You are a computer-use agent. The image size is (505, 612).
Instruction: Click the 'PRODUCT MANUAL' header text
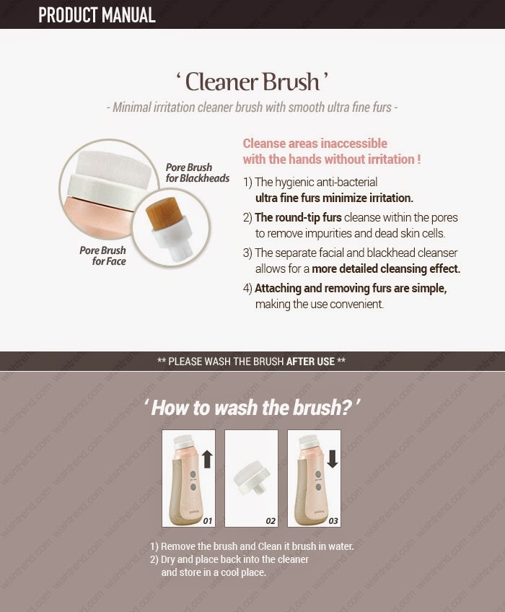click(97, 15)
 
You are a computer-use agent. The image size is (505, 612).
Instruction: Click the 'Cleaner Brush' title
click(252, 82)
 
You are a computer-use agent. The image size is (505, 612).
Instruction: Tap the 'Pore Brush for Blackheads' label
click(198, 172)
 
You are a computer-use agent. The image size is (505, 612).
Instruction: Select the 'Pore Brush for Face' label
click(102, 255)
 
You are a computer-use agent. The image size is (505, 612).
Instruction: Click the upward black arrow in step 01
click(208, 459)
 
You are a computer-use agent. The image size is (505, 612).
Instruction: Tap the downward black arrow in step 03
click(333, 458)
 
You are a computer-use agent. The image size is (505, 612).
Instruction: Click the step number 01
click(207, 520)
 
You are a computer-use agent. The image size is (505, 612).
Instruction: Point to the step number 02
click(270, 520)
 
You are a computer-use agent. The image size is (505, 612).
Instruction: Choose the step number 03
click(333, 520)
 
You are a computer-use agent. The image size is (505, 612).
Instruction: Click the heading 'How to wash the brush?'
click(252, 408)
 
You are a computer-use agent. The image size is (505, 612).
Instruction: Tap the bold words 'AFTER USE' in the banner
click(310, 362)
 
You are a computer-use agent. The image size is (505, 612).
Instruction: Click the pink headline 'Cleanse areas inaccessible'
click(315, 143)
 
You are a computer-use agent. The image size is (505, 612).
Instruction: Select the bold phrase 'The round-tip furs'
click(298, 217)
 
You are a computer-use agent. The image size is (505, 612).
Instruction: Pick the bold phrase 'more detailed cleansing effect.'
click(386, 268)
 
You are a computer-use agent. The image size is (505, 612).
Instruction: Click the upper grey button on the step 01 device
click(193, 474)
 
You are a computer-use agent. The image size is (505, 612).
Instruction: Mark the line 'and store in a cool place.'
click(214, 572)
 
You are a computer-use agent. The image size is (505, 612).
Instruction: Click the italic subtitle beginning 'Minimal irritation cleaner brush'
click(252, 108)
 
